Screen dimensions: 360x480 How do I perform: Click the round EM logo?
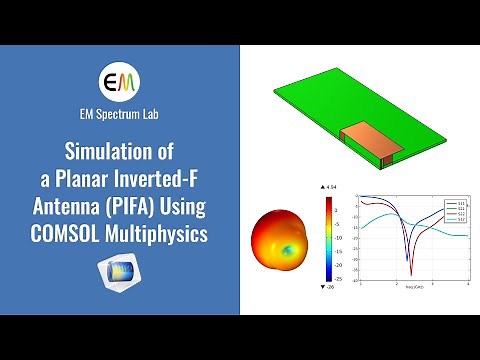[120, 80]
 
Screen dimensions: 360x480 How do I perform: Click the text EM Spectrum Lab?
[120, 114]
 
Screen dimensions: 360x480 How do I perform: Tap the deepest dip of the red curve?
[411, 271]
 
